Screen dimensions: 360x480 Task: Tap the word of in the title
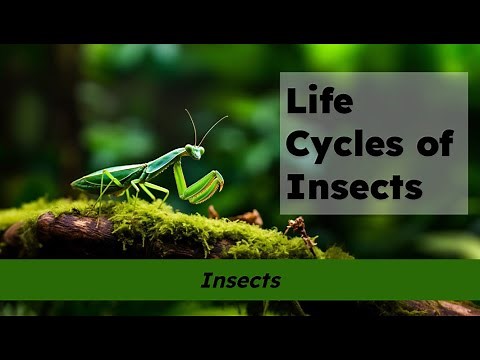(x=431, y=144)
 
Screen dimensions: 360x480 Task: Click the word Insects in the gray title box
(x=353, y=186)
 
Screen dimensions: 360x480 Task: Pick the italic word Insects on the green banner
(x=240, y=281)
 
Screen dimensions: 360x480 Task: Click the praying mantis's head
(x=195, y=151)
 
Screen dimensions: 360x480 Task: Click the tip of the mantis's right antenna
(x=227, y=117)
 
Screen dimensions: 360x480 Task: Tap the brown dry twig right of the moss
(x=298, y=230)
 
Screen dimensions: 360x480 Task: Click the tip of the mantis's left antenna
(x=186, y=110)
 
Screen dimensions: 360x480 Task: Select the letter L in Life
(x=294, y=102)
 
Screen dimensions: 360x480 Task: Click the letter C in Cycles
(x=297, y=144)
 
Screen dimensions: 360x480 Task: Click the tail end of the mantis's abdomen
(x=75, y=185)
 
